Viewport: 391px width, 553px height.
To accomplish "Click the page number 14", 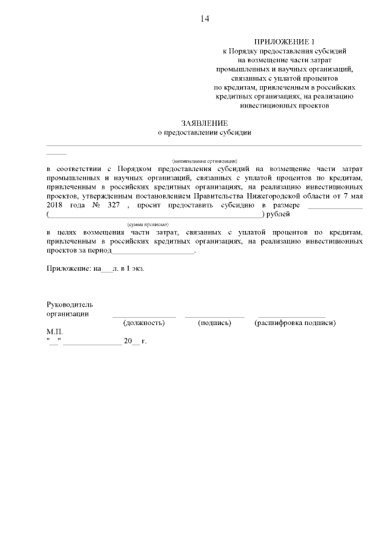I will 204,19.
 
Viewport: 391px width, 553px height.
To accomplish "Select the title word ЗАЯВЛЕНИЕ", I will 204,123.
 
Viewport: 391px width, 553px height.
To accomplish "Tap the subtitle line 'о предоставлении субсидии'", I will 204,132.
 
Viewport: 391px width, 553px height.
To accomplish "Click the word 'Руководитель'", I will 70,304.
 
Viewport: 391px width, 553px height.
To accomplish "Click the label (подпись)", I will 214,323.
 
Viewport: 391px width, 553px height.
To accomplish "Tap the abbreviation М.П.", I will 54,332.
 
